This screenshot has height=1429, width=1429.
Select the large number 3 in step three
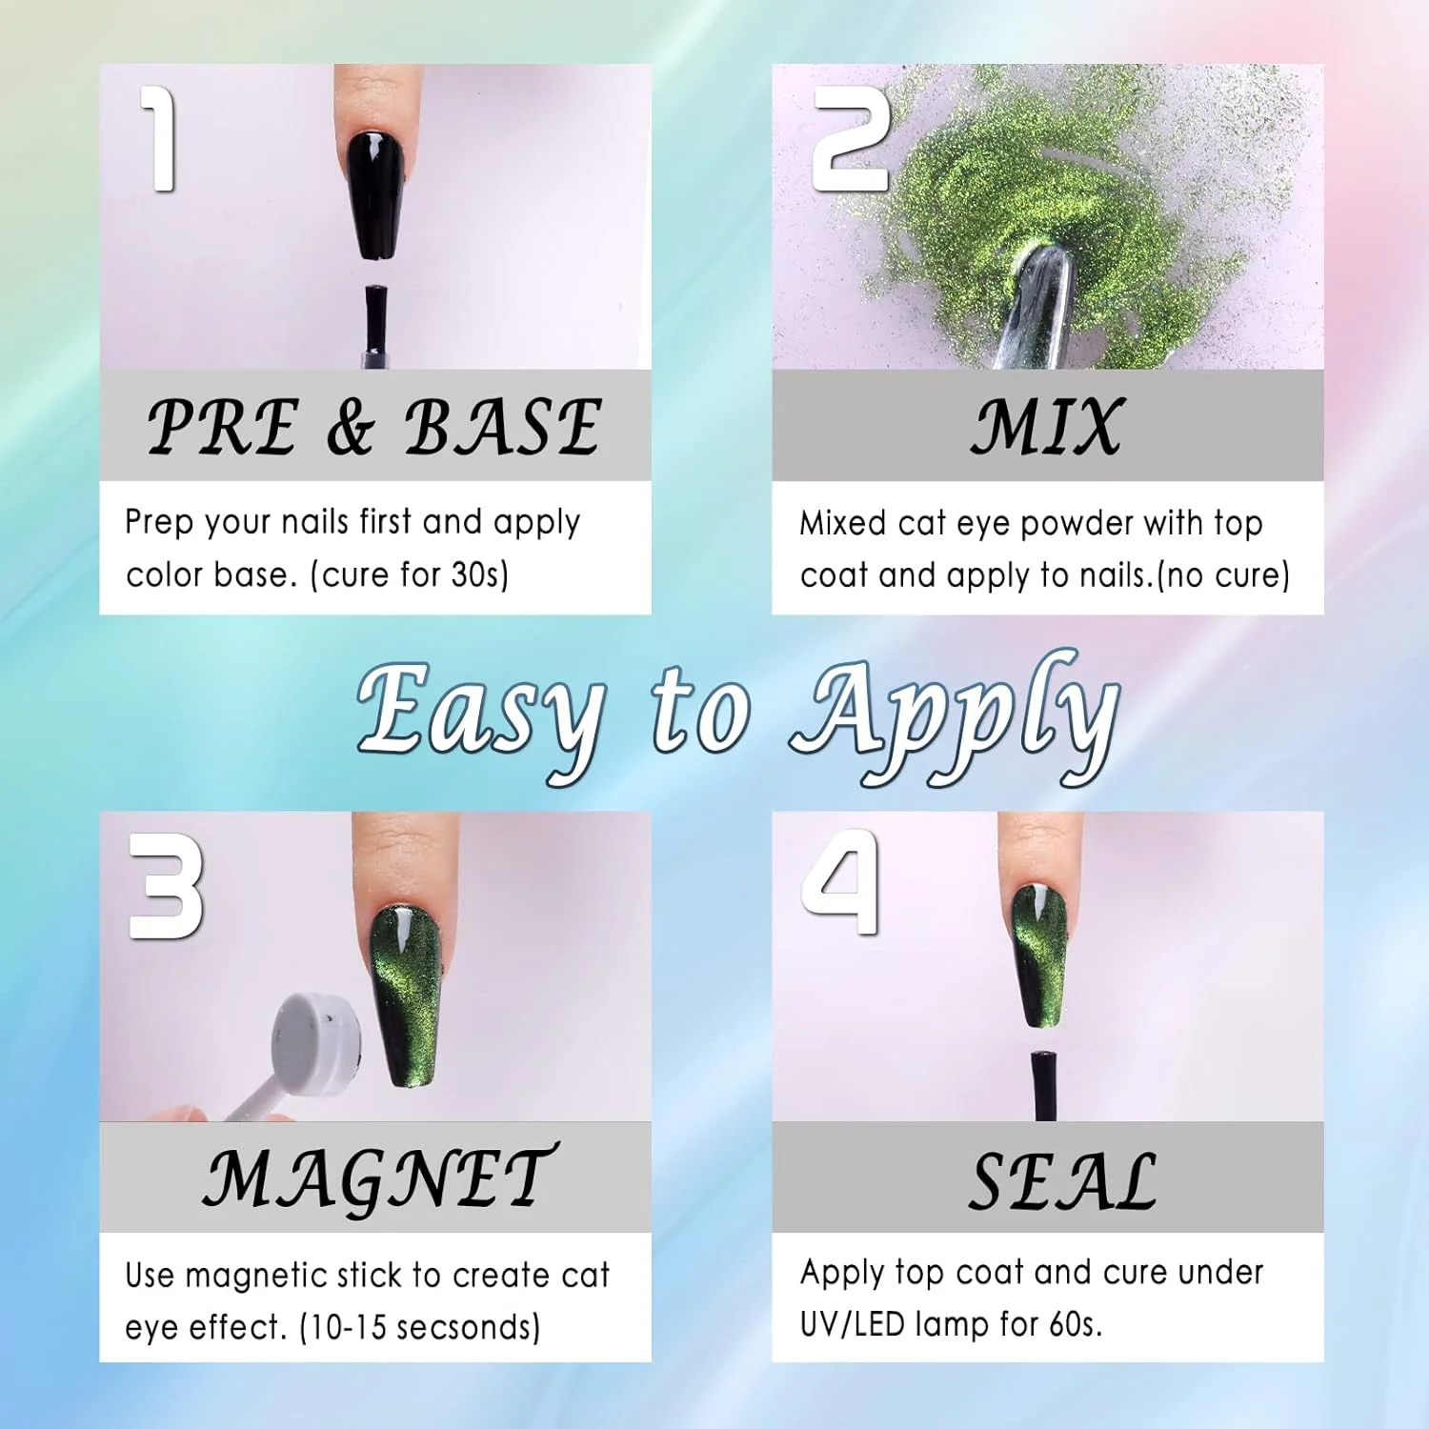coord(166,886)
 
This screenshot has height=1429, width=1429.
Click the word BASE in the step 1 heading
coord(503,426)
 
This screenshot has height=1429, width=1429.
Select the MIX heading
coord(1047,426)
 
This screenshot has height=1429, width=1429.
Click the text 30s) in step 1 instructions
coord(480,574)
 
